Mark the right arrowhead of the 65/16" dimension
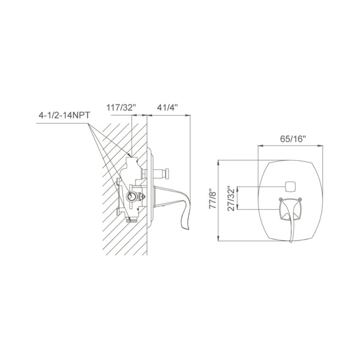pyautogui.click(x=323, y=146)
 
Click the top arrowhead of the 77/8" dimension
pyautogui.click(x=219, y=162)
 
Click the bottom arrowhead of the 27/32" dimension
pyautogui.click(x=239, y=209)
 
